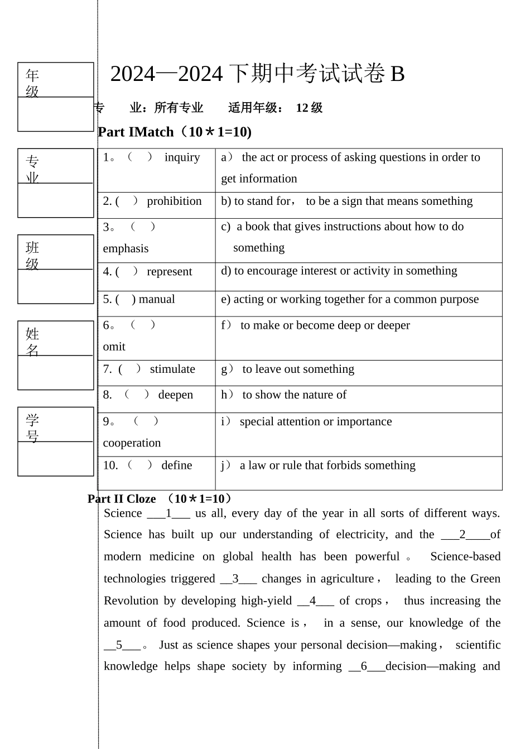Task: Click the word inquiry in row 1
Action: point(182,158)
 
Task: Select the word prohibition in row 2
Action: point(174,201)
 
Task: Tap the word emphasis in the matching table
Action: point(126,249)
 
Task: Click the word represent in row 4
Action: point(169,272)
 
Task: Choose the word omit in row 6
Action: point(114,347)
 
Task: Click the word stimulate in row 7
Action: point(172,369)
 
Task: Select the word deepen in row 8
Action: point(175,395)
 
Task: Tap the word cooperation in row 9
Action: point(132,443)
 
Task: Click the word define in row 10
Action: point(176,465)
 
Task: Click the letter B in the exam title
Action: point(397,74)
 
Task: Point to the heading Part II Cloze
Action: point(122,499)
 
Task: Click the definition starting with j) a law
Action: point(319,465)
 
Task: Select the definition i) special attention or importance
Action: point(306,422)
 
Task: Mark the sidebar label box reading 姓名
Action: point(55,341)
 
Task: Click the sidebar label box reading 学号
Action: point(55,427)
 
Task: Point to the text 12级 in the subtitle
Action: point(309,108)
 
